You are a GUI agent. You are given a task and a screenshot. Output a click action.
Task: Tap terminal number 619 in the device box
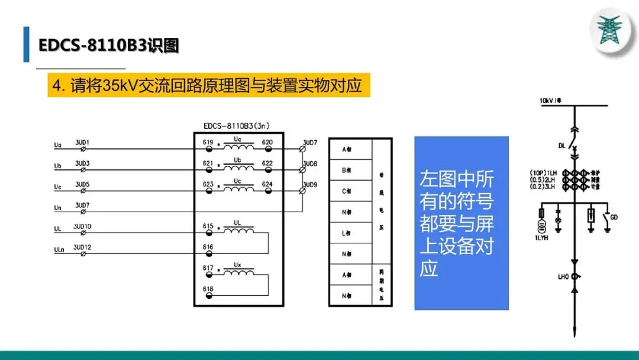pyautogui.click(x=208, y=143)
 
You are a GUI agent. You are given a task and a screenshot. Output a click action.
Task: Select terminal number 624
pyautogui.click(x=267, y=184)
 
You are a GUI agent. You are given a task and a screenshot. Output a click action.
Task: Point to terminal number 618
pyautogui.click(x=208, y=289)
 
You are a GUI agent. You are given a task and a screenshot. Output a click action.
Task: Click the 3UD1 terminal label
pyautogui.click(x=82, y=143)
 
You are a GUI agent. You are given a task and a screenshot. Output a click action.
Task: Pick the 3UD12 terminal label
pyautogui.click(x=82, y=247)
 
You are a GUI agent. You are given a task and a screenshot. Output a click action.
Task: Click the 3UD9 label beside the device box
pyautogui.click(x=310, y=184)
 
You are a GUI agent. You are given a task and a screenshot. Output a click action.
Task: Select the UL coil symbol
pyautogui.click(x=237, y=229)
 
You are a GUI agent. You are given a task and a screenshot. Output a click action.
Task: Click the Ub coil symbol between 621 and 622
pyautogui.click(x=237, y=166)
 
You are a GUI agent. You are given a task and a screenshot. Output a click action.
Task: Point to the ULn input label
pyautogui.click(x=59, y=250)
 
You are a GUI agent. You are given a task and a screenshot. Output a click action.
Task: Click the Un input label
pyautogui.click(x=57, y=208)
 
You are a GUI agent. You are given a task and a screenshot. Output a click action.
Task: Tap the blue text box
pyautogui.click(x=461, y=223)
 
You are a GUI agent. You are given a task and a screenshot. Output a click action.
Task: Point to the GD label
pyautogui.click(x=614, y=217)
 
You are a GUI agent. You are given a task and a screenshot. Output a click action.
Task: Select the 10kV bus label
pyautogui.click(x=549, y=101)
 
